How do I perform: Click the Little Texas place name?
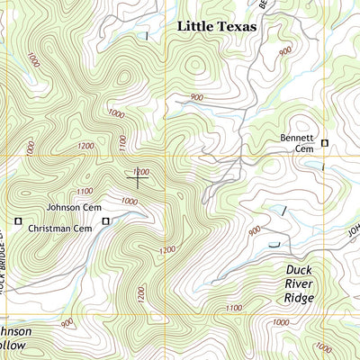click(216, 27)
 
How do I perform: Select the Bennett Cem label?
click(293, 143)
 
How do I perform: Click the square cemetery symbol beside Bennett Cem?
click(325, 142)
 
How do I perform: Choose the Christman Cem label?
click(60, 229)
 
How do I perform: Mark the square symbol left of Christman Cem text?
click(17, 220)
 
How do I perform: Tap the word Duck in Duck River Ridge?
click(299, 269)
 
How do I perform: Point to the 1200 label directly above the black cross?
click(139, 170)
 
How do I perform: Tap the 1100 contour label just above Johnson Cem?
click(85, 191)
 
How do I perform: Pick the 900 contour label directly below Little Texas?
click(198, 97)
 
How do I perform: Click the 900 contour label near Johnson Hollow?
click(66, 323)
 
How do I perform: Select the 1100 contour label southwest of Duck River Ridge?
click(234, 309)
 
